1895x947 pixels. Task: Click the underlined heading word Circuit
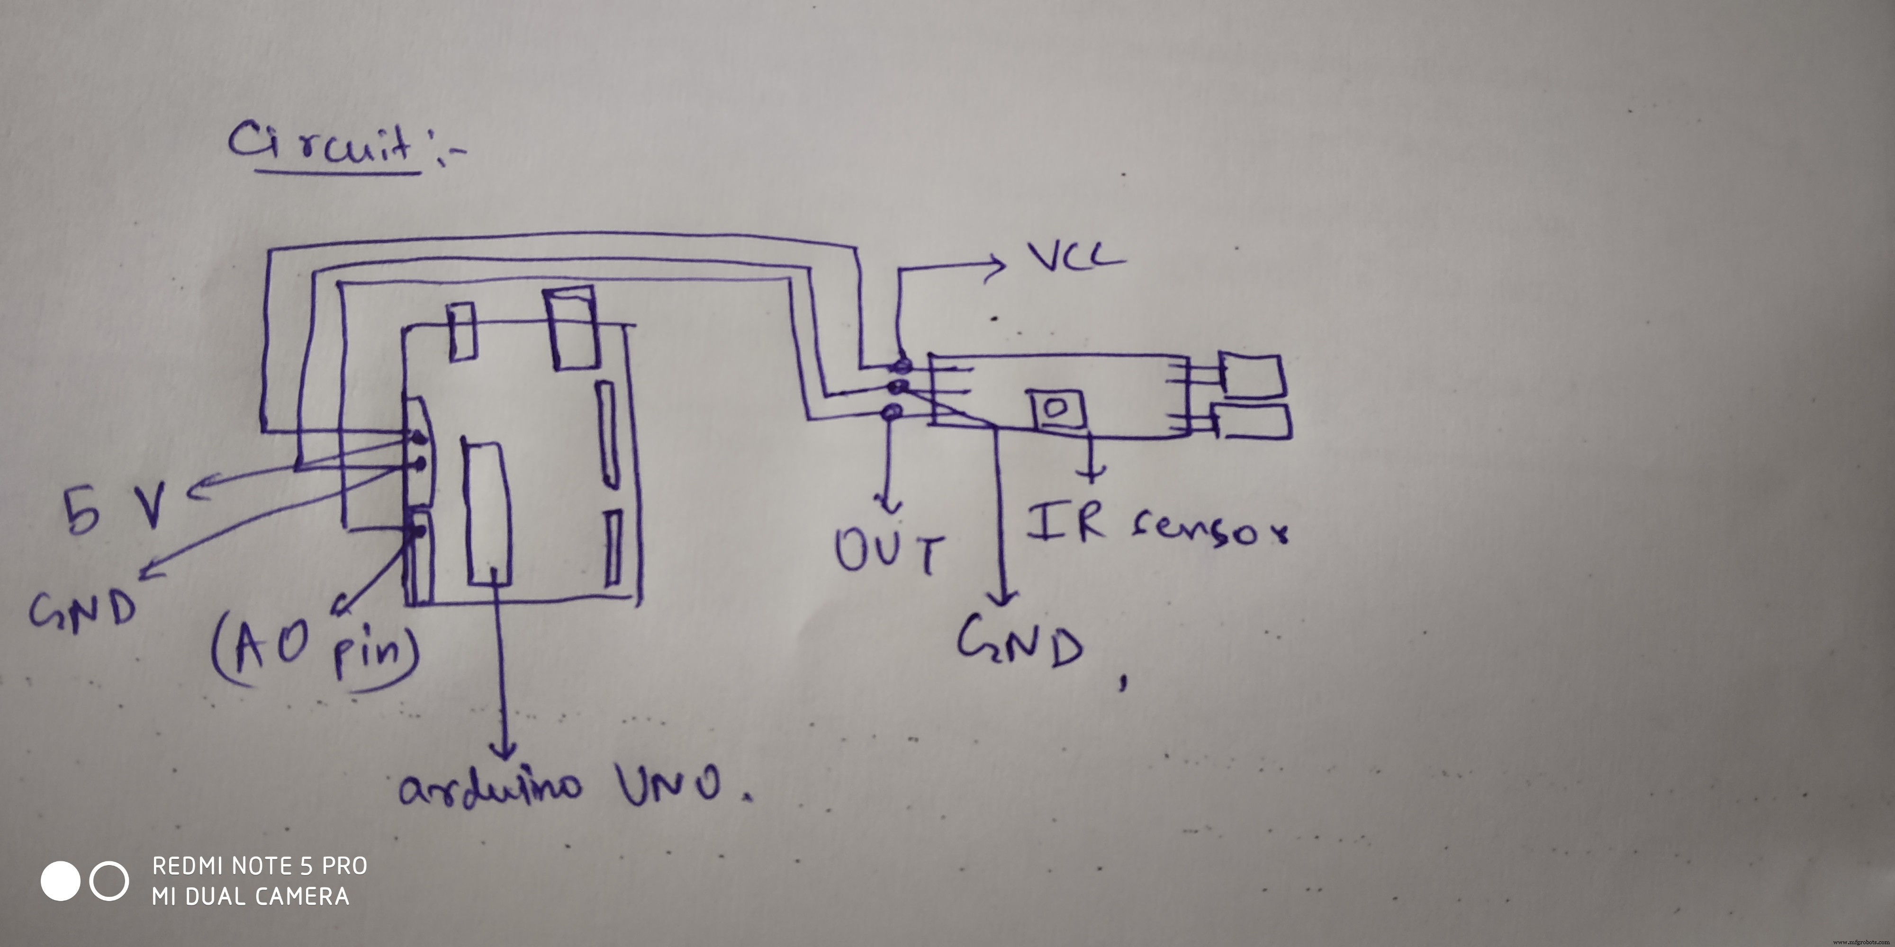click(x=324, y=143)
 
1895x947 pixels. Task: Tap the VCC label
click(x=1075, y=257)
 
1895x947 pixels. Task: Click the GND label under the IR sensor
click(x=1020, y=641)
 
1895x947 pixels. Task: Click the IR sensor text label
click(x=1155, y=526)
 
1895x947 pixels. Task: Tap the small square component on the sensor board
click(x=1058, y=410)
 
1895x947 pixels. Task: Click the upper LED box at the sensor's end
click(x=1251, y=375)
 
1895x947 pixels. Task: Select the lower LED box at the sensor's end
click(x=1252, y=421)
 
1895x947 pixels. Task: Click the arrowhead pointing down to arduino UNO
click(x=505, y=750)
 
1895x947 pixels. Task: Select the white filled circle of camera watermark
click(x=60, y=881)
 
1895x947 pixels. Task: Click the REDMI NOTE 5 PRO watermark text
click(x=260, y=866)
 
